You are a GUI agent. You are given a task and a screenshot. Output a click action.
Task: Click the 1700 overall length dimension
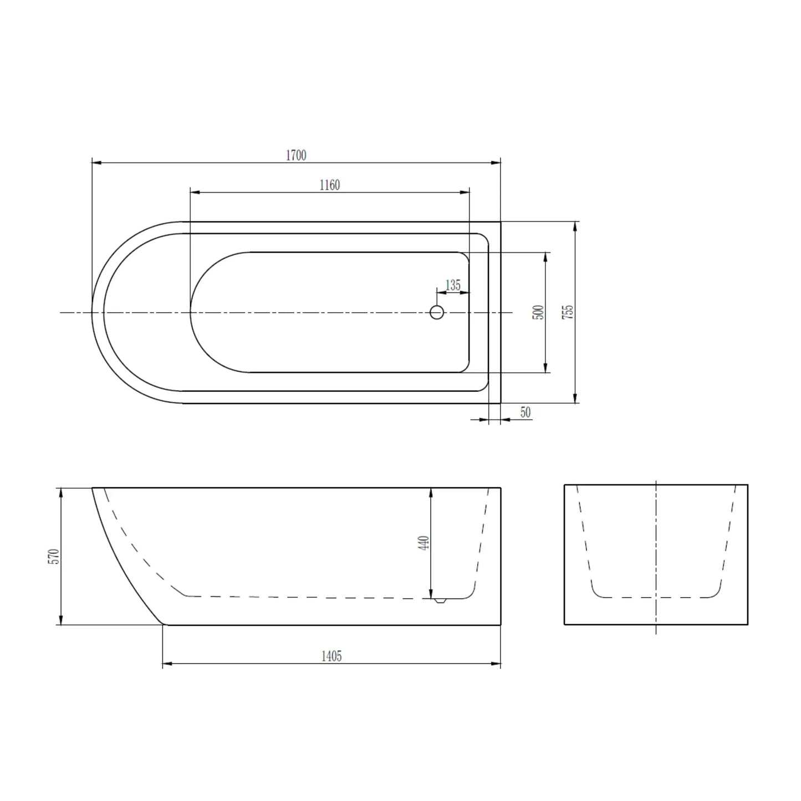296,155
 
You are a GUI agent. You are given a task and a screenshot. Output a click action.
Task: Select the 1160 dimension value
329,185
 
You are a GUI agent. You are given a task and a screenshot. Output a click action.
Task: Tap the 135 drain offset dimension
453,285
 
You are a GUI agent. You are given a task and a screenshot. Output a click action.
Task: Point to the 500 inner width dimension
538,312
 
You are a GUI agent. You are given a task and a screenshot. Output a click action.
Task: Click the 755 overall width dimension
568,312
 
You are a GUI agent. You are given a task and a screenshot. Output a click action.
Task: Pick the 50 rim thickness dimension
526,412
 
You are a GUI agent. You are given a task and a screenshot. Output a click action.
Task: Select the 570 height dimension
54,556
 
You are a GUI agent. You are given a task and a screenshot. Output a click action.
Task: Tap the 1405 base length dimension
331,656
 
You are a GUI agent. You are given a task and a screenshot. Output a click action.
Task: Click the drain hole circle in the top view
437,313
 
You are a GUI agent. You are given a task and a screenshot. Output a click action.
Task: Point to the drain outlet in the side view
441,600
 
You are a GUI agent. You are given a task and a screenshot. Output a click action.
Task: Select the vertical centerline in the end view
656,554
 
